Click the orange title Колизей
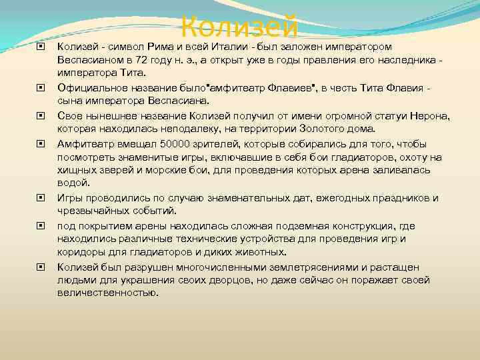click(x=239, y=27)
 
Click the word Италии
click(x=235, y=47)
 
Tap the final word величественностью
click(x=108, y=293)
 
